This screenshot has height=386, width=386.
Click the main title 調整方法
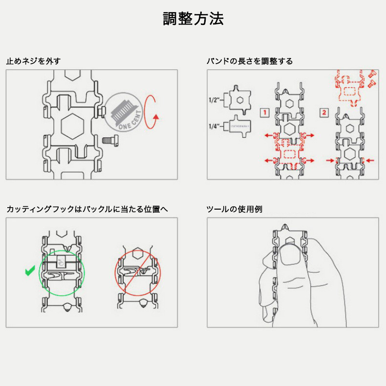tap(193, 19)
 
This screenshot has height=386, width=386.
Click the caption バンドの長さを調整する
tap(250, 61)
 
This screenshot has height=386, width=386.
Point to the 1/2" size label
tap(213, 100)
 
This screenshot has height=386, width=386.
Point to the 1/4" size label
tap(213, 127)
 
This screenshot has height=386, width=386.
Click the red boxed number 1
tap(263, 112)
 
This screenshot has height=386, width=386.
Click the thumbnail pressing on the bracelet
tap(289, 256)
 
